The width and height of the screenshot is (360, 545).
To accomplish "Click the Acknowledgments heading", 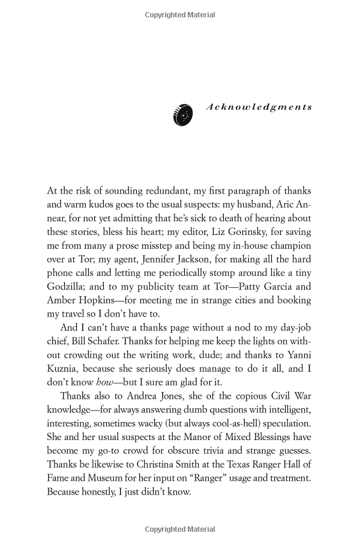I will pos(259,107).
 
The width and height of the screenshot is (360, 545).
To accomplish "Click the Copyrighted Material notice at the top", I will pos(180,14).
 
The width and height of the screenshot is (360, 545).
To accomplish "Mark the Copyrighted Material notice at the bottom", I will pos(180,530).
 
